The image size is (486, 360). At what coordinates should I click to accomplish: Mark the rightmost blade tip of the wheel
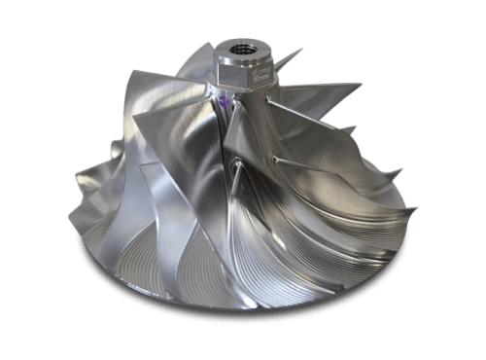pos(417,207)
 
